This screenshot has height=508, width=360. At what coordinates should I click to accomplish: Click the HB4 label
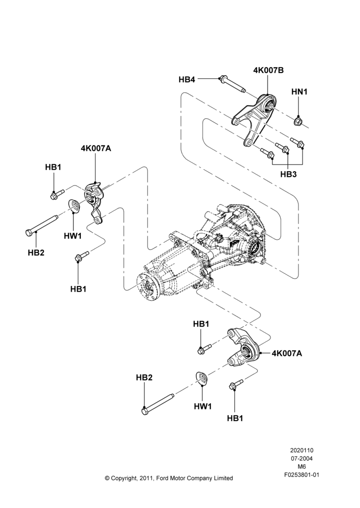click(187, 79)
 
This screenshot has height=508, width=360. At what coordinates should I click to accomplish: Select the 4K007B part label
click(268, 70)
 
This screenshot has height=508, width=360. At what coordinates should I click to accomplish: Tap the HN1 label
click(299, 91)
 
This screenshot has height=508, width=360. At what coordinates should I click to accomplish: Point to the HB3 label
click(288, 174)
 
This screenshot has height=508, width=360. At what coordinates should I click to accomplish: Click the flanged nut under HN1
click(298, 121)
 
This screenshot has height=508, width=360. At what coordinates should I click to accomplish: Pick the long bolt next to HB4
click(232, 84)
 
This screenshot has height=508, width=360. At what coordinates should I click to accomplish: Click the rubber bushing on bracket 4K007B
click(269, 104)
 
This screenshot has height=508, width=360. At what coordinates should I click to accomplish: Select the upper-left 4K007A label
click(96, 148)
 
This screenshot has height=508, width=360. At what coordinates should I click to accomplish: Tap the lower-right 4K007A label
click(287, 353)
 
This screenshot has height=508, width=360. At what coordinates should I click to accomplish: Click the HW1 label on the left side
click(73, 236)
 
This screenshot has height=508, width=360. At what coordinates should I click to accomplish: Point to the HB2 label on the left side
click(36, 252)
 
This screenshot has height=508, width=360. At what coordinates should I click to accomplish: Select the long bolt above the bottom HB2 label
click(158, 404)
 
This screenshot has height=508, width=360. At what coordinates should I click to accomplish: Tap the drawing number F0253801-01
click(302, 475)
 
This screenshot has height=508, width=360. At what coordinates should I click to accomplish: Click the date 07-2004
click(302, 458)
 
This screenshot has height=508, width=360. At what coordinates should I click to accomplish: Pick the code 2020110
click(302, 450)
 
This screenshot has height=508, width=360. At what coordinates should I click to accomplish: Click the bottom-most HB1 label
click(235, 418)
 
